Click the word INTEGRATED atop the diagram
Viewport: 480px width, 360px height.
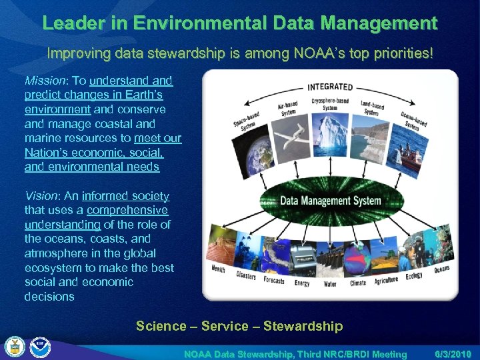(x=329, y=87)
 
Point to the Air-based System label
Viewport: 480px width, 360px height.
(x=287, y=109)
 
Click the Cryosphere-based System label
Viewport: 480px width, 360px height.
(x=330, y=104)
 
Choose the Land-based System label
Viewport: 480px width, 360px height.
(x=372, y=109)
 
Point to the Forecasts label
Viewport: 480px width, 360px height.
(x=273, y=280)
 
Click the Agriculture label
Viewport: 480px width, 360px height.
(x=386, y=280)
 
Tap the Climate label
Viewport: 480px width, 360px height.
(x=358, y=283)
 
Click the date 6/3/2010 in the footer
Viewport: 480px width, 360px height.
(x=453, y=354)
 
